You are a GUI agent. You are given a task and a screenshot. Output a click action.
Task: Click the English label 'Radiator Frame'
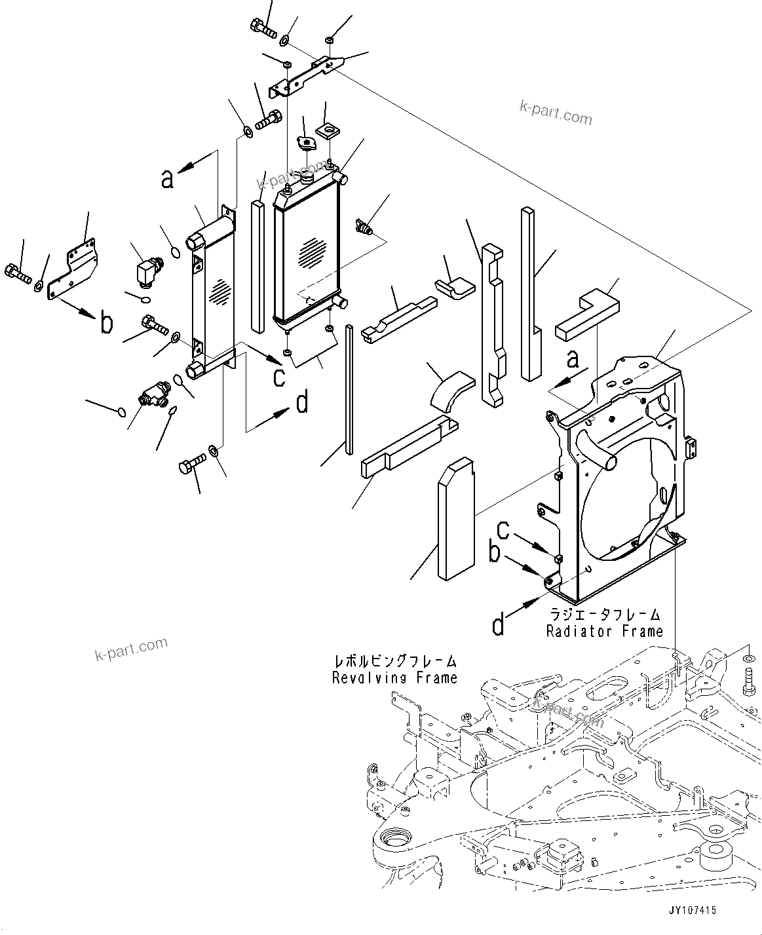pos(605,631)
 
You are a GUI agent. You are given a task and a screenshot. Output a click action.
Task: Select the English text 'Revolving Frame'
pos(394,677)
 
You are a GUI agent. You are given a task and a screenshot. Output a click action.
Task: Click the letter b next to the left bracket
pos(105,323)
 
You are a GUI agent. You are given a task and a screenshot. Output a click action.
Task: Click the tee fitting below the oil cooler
pos(152,397)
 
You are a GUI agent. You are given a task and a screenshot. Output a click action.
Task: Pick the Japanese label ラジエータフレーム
pos(605,615)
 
